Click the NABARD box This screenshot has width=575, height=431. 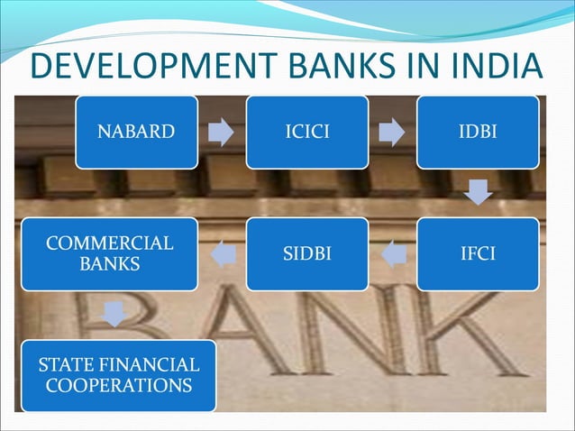136,133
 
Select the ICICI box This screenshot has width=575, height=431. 307,133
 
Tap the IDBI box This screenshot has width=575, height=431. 478,133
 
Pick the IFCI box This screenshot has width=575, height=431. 478,253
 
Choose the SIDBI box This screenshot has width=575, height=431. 307,253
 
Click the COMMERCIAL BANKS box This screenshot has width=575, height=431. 110,253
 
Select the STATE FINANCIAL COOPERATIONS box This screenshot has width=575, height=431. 118,375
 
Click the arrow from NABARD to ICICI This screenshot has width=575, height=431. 222,133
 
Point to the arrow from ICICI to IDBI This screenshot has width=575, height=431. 392,133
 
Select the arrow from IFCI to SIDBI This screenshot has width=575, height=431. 393,254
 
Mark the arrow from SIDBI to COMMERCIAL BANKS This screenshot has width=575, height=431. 222,254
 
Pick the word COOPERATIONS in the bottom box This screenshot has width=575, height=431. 118,385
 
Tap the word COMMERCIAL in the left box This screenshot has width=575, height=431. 110,243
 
